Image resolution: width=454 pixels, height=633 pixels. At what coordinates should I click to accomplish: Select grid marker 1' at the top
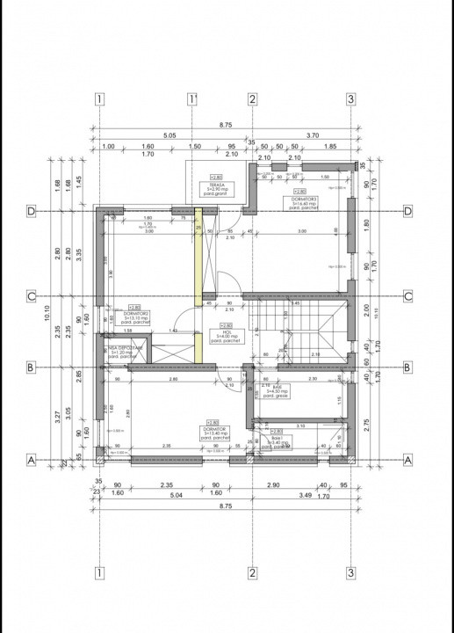(x=191, y=98)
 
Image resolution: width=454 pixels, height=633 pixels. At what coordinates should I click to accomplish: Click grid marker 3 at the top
(x=350, y=98)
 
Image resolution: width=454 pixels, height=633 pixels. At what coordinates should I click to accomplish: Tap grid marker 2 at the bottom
(x=251, y=573)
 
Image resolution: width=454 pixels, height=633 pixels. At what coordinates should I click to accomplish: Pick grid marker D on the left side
(x=30, y=211)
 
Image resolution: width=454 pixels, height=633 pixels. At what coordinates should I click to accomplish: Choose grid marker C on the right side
(x=407, y=296)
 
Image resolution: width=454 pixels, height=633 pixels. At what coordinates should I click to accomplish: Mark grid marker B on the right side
(x=407, y=367)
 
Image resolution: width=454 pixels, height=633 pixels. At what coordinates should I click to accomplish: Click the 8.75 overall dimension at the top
(x=226, y=127)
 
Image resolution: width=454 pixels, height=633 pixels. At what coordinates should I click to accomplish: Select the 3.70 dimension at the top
(x=313, y=136)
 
